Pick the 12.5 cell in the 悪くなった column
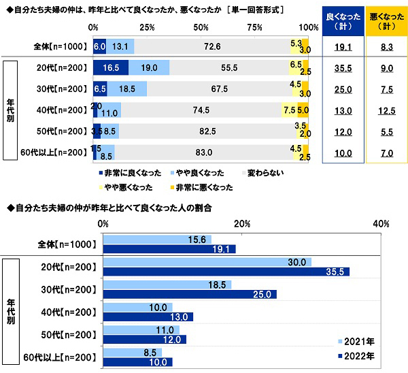click(386, 110)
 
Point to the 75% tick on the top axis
click(256, 27)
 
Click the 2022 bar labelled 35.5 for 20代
click(226, 271)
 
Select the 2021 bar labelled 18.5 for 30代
click(167, 285)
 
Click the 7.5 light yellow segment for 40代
click(289, 110)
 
